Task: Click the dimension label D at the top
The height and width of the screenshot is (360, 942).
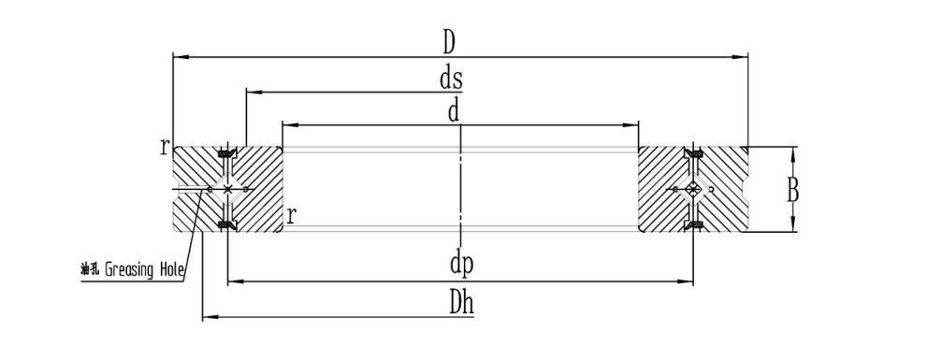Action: click(449, 42)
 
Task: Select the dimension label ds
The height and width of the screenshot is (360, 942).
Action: click(451, 79)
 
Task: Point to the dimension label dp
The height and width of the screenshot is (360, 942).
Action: click(461, 265)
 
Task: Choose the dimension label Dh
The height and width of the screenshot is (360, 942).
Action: click(462, 304)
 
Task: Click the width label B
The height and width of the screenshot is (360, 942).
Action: click(793, 192)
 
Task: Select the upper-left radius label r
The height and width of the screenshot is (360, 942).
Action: click(164, 146)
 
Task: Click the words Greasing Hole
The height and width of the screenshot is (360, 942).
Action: click(145, 270)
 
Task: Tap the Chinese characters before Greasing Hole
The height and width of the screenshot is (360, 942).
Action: click(90, 269)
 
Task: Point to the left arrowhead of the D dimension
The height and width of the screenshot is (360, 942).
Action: click(181, 57)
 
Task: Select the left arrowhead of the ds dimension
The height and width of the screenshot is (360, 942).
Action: click(254, 92)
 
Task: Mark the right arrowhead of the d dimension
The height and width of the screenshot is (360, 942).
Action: click(630, 125)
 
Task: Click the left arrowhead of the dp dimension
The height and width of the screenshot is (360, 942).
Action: click(236, 281)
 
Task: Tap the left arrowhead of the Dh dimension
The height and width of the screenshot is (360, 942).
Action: click(210, 316)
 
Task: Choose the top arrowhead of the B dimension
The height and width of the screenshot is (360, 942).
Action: click(793, 155)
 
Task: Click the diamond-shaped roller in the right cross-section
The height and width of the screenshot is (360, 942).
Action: click(692, 189)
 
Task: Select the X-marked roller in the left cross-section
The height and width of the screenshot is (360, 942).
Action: click(227, 189)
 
